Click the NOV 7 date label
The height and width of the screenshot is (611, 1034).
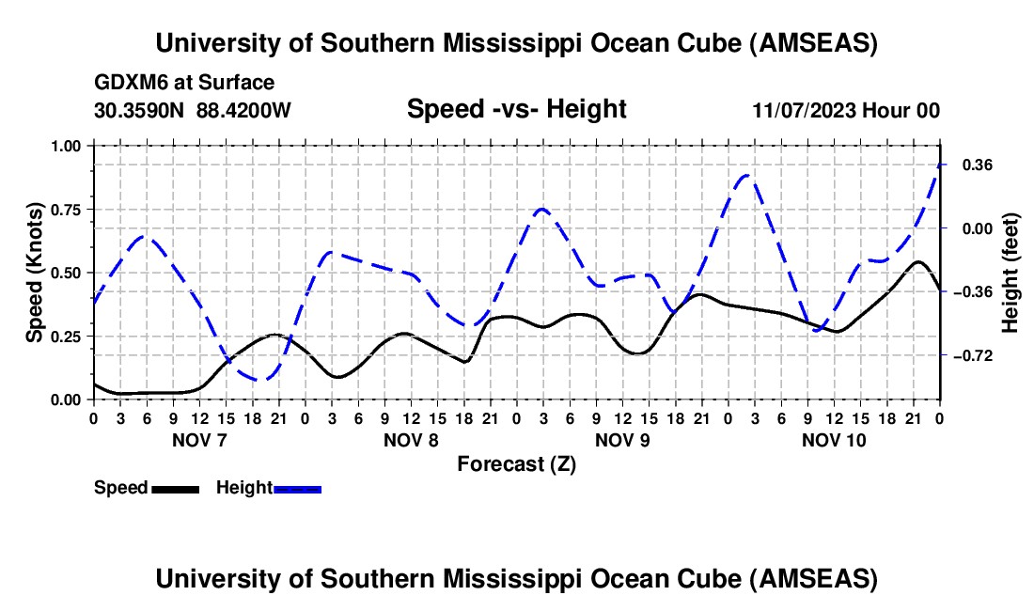(x=198, y=440)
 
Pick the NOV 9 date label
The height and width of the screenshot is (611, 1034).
(x=622, y=440)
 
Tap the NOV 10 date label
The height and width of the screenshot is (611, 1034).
(x=834, y=440)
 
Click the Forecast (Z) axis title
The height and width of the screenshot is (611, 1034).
(x=516, y=463)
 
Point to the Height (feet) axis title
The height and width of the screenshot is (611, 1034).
(x=1010, y=273)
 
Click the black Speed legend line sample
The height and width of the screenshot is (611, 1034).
(x=175, y=489)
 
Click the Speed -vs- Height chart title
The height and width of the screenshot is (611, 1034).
(x=516, y=109)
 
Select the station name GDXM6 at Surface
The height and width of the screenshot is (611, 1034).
(x=184, y=83)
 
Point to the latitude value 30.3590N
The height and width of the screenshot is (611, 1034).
(x=140, y=110)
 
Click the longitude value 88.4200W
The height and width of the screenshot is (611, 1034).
(x=243, y=110)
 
